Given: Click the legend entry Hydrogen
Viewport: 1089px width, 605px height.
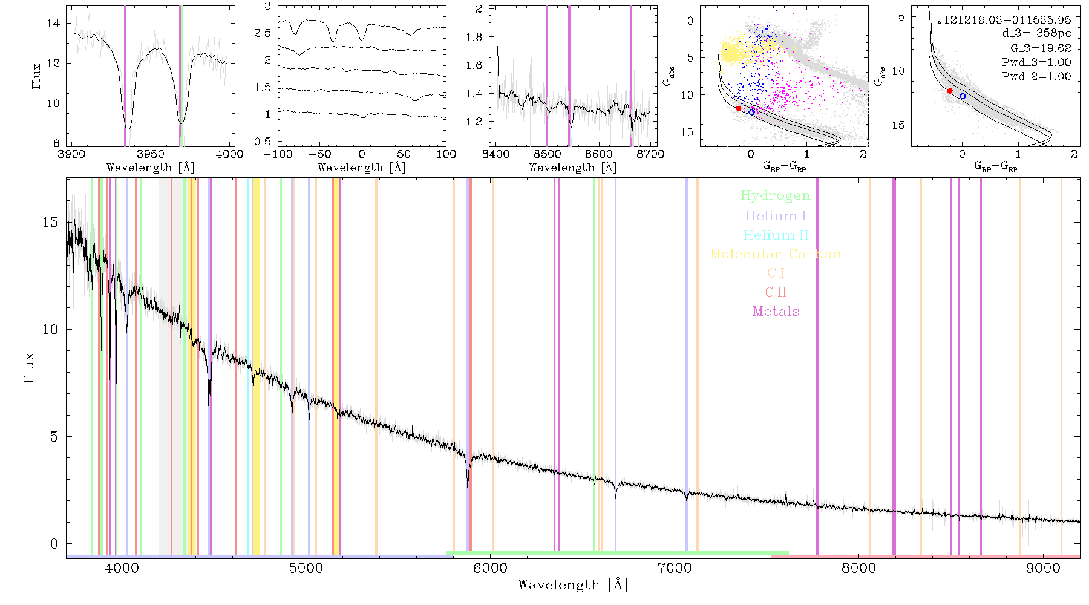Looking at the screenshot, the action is (775, 195).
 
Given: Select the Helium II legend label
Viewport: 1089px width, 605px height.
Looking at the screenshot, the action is (776, 235).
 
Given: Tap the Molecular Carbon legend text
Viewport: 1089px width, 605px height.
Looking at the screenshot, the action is (776, 254).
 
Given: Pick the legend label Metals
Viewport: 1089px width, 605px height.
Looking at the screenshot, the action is (776, 311).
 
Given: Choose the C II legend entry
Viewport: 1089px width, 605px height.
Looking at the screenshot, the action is (776, 292).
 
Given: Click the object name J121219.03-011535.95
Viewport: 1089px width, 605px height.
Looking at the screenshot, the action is (1004, 20).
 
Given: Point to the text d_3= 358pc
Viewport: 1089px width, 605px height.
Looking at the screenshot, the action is (1036, 33).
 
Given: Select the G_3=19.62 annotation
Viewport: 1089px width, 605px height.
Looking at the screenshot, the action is (1041, 48).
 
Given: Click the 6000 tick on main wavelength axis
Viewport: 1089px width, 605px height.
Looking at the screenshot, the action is (490, 568).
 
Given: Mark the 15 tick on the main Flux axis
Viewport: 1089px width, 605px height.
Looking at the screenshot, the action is (51, 222).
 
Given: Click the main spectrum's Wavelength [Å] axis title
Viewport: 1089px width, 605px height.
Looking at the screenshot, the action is (572, 585).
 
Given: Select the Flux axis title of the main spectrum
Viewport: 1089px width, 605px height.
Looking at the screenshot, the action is (28, 367).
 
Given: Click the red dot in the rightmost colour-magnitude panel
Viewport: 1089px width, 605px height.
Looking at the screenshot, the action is (950, 91).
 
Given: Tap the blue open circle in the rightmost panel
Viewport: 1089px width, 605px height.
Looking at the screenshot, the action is (963, 96).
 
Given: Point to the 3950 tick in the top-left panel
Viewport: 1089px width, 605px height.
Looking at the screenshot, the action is (151, 154).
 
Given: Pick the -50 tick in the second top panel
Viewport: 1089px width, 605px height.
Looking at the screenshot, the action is (320, 154).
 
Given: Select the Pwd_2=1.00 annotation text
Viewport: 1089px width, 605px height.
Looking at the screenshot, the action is (1036, 76).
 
